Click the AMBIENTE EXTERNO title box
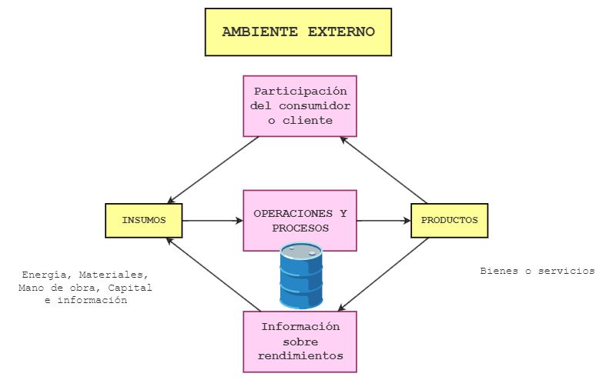(x=298, y=32)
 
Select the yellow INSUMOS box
(x=144, y=220)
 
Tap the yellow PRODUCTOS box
(x=449, y=220)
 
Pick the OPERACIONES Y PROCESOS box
(x=300, y=220)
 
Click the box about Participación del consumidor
(x=300, y=105)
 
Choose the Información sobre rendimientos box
(x=300, y=342)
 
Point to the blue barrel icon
(x=301, y=275)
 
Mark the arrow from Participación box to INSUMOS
(x=213, y=170)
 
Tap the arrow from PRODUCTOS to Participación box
(x=384, y=170)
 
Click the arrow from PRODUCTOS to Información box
(x=384, y=271)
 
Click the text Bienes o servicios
(x=537, y=271)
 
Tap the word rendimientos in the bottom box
(x=300, y=356)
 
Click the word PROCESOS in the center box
(x=300, y=228)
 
